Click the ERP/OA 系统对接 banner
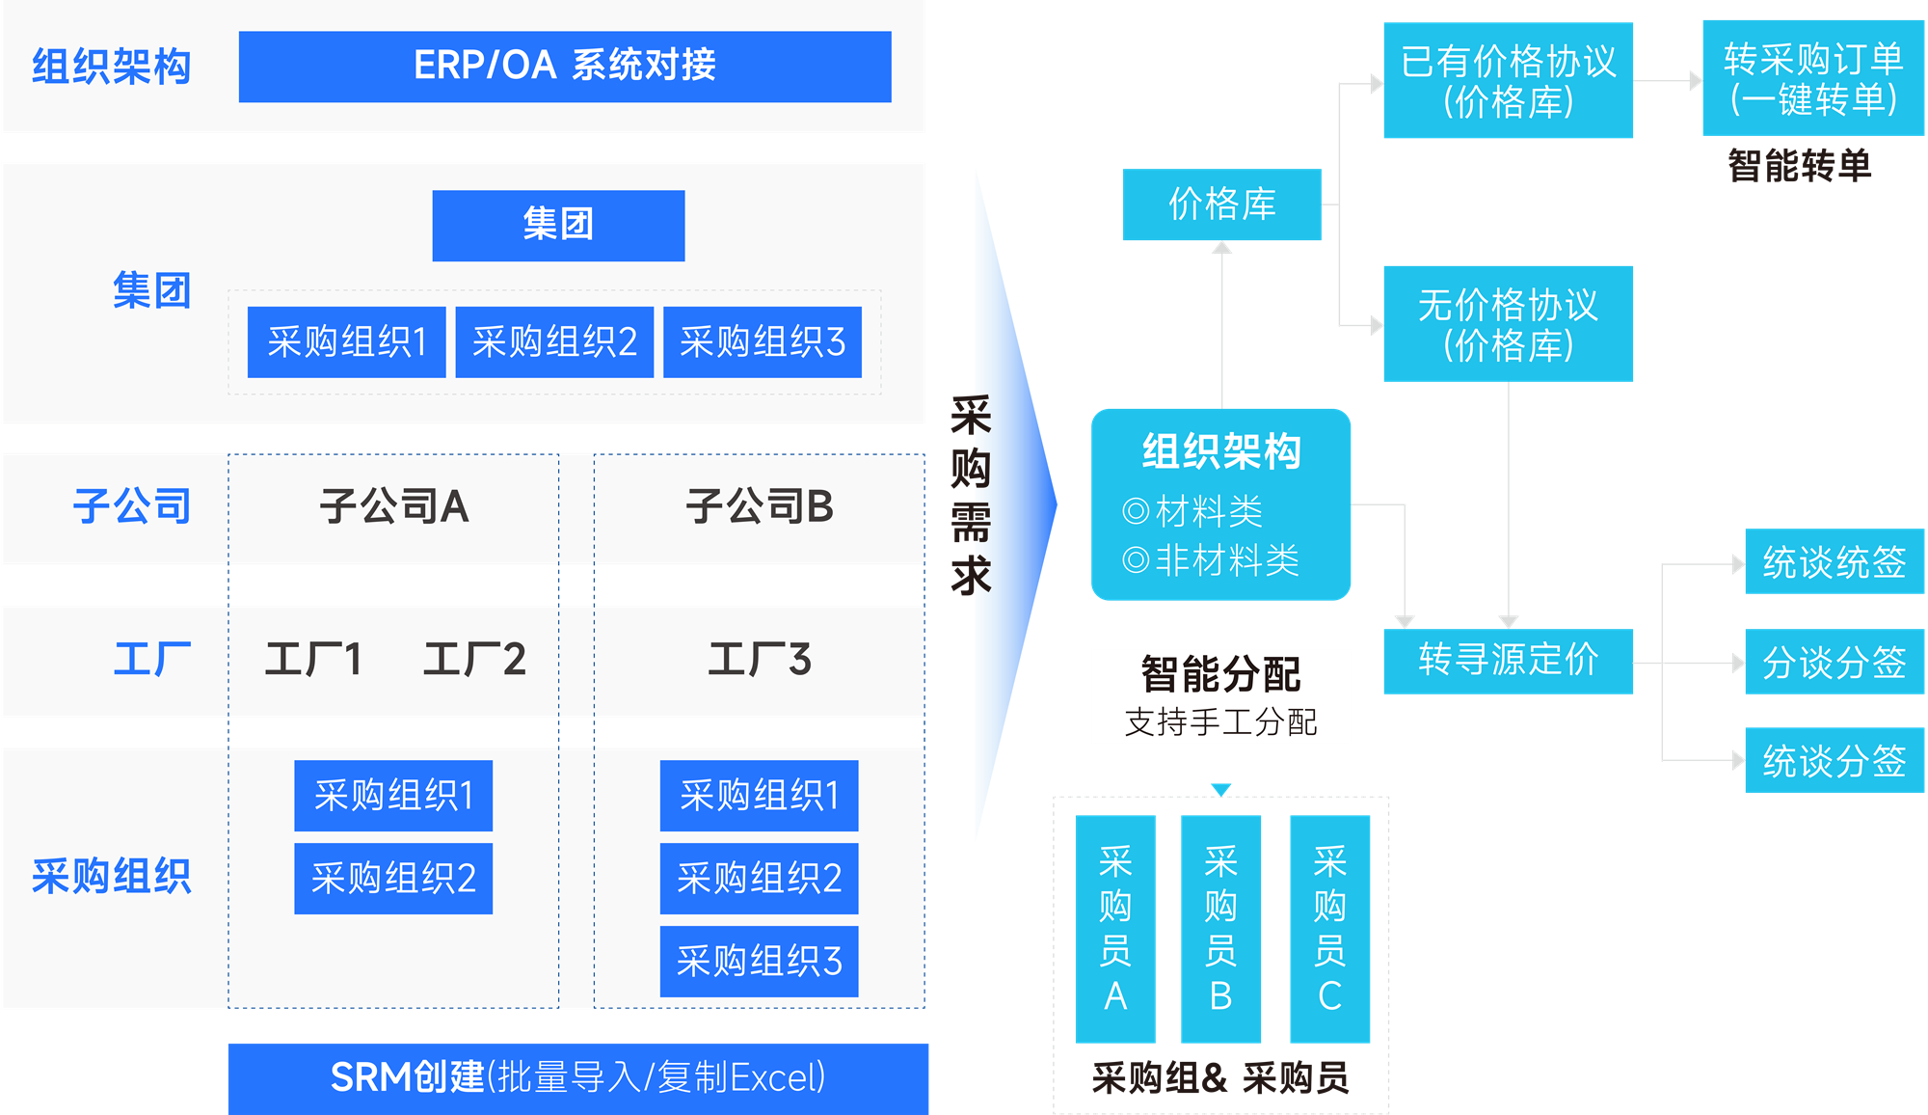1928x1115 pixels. click(565, 67)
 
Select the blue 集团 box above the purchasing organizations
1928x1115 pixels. click(558, 225)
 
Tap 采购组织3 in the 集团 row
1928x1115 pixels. click(762, 342)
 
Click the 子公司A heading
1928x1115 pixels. click(393, 506)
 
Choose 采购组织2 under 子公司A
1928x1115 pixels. click(393, 879)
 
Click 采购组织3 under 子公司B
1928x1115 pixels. click(759, 962)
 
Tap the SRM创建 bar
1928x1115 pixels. click(577, 1077)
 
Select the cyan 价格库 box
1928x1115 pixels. click(1221, 204)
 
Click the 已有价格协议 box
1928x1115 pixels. click(1508, 81)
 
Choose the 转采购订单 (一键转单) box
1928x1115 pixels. click(1813, 78)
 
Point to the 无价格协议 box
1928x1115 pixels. click(1508, 324)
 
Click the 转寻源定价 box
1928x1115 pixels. click(1508, 662)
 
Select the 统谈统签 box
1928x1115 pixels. click(1834, 562)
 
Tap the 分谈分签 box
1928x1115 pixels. click(1834, 663)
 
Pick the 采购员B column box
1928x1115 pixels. click(1220, 929)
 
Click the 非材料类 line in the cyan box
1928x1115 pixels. click(1213, 560)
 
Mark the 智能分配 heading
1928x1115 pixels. click(1220, 674)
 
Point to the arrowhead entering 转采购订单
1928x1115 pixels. click(1696, 81)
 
